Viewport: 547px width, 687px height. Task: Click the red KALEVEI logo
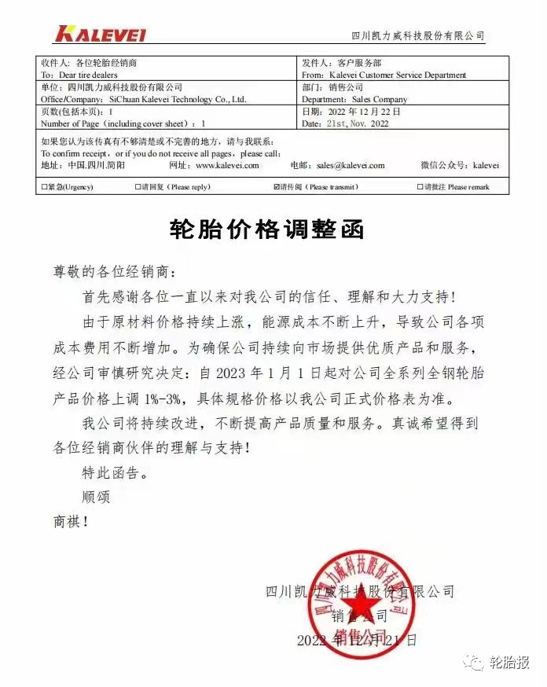[x=101, y=34]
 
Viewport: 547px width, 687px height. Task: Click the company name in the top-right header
[x=417, y=36]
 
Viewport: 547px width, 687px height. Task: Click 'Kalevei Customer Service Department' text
[x=398, y=75]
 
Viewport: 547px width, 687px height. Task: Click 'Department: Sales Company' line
[x=354, y=100]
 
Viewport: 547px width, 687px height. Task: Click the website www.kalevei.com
[x=227, y=166]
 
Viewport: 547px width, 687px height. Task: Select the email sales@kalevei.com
[x=351, y=166]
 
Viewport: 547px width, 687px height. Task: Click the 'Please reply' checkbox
[x=138, y=188]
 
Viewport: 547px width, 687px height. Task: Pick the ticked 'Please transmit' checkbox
[x=276, y=188]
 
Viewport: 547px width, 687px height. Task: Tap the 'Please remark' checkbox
[x=419, y=188]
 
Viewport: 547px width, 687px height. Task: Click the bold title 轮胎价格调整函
[x=268, y=230]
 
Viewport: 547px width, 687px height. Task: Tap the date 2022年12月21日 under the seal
[x=357, y=641]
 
